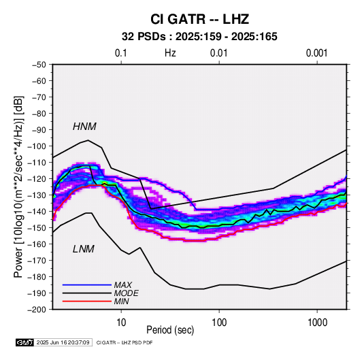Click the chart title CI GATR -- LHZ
click(199, 19)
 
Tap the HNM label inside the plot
click(84, 127)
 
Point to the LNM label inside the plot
click(84, 249)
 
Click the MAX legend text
click(123, 284)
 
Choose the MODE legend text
click(127, 293)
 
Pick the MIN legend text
click(121, 301)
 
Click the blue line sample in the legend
click(87, 284)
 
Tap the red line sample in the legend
click(87, 301)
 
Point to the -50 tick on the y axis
click(39, 65)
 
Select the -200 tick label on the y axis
click(37, 310)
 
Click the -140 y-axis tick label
click(37, 212)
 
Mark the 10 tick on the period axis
click(121, 323)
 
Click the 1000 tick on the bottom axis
click(317, 323)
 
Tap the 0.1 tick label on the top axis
click(121, 53)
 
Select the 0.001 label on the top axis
click(317, 53)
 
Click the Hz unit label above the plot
click(170, 53)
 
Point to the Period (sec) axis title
click(170, 330)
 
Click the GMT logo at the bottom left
click(25, 342)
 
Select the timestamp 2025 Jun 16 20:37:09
click(63, 342)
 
